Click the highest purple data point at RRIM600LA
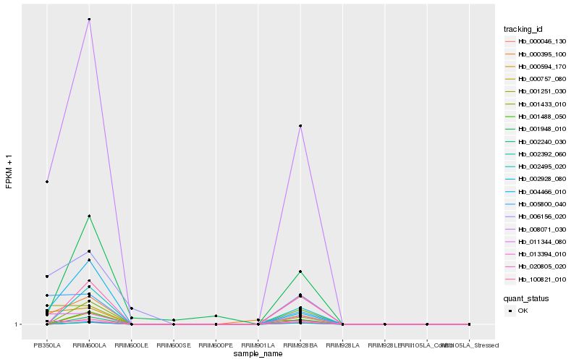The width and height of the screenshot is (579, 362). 89,20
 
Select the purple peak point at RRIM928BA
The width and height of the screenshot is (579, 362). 300,126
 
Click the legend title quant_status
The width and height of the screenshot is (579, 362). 526,298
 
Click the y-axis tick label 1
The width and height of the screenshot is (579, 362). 16,324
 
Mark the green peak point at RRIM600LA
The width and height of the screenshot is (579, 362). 89,216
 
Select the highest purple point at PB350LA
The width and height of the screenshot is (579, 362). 47,182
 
